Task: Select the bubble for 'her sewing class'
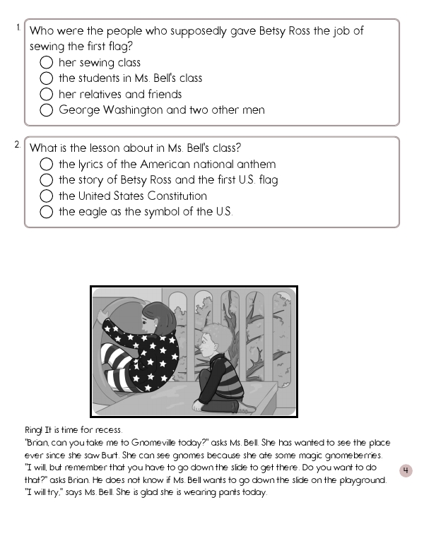pyautogui.click(x=47, y=63)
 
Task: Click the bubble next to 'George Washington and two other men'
pyautogui.click(x=47, y=110)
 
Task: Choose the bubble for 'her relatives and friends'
pyautogui.click(x=47, y=95)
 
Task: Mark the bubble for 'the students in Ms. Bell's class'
pyautogui.click(x=47, y=78)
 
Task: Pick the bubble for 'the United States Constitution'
pyautogui.click(x=47, y=196)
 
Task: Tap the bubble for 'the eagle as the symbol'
pyautogui.click(x=47, y=212)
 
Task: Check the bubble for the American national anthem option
pyautogui.click(x=47, y=165)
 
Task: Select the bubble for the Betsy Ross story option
pyautogui.click(x=47, y=180)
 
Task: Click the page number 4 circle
pyautogui.click(x=406, y=471)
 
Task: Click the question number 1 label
pyautogui.click(x=18, y=28)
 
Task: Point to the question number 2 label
pyautogui.click(x=18, y=145)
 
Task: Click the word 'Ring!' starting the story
pyautogui.click(x=33, y=430)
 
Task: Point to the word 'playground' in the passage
pyautogui.click(x=362, y=480)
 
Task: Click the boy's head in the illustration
pyautogui.click(x=211, y=342)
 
